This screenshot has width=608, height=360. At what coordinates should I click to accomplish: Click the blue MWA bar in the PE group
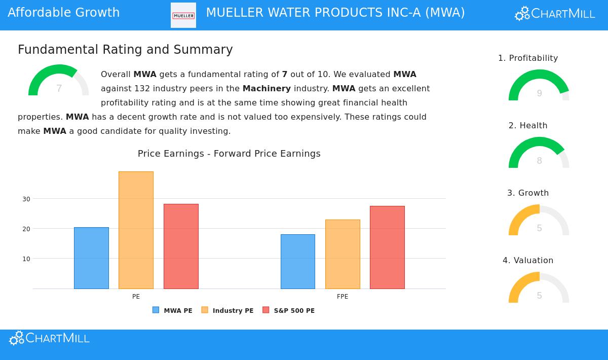(91, 258)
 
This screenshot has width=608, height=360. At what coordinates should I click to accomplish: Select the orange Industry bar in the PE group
(136, 230)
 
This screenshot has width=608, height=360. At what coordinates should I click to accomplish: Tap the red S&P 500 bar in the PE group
(181, 246)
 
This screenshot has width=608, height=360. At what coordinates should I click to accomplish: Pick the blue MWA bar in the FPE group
(298, 262)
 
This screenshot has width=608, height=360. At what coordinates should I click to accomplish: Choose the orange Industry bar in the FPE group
(343, 254)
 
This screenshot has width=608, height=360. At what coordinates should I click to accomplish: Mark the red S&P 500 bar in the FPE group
(387, 247)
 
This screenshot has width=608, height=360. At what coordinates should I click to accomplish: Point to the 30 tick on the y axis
(26, 199)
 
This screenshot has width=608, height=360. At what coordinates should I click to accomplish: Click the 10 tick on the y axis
(26, 259)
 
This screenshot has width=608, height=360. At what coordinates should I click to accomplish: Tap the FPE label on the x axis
(343, 297)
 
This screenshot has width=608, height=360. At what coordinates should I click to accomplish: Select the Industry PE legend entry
(227, 310)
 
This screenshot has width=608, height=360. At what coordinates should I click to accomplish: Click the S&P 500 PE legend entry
(288, 310)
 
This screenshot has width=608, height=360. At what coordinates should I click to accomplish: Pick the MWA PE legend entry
(172, 310)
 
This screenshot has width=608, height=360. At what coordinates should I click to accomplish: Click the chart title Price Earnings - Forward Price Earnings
(229, 154)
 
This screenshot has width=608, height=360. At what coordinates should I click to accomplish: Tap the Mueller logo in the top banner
(183, 15)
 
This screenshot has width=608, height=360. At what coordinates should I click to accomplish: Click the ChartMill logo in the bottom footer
(49, 338)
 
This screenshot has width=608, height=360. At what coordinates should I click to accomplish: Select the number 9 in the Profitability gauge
(539, 93)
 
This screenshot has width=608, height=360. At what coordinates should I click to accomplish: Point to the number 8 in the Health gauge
(539, 161)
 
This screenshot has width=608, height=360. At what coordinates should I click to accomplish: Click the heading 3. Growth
(528, 193)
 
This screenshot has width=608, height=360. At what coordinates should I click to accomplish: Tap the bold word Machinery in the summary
(267, 89)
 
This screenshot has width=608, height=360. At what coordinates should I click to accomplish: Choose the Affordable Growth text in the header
(64, 13)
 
